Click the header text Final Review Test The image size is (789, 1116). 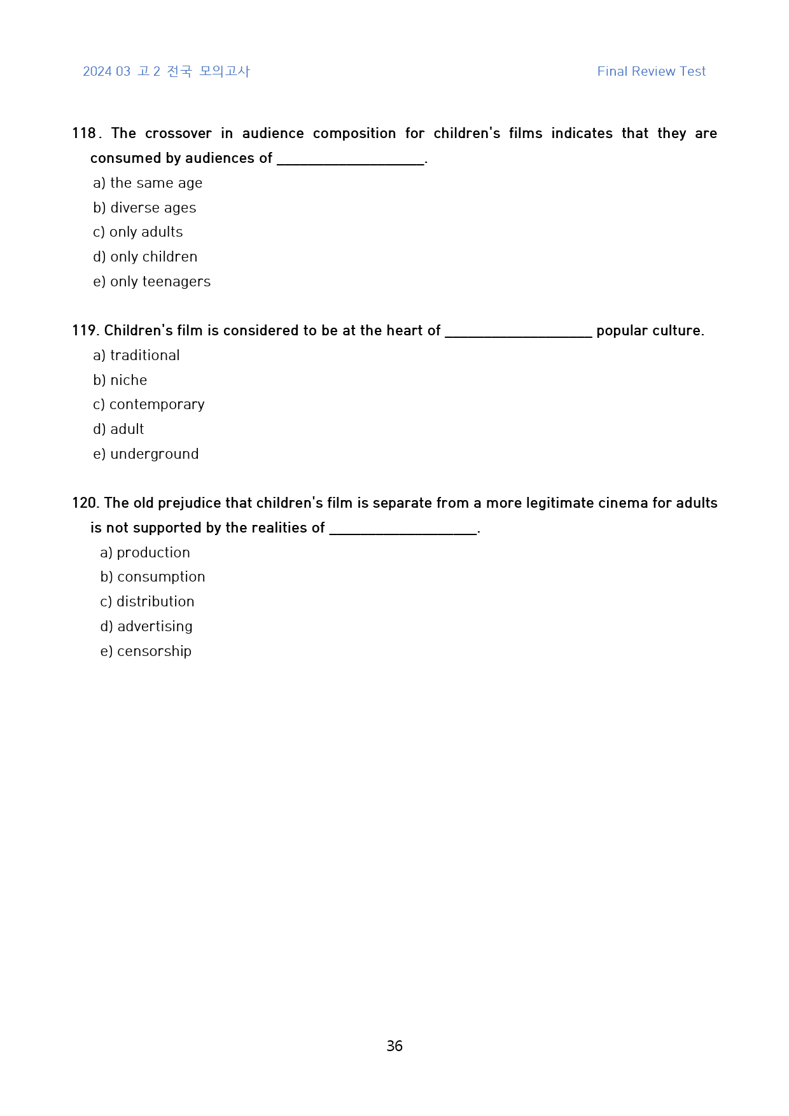651,71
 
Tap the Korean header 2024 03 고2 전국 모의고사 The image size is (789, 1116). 166,71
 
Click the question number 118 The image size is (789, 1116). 84,134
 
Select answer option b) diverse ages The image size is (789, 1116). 144,208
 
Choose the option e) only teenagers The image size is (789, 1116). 151,282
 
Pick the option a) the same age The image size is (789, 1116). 148,183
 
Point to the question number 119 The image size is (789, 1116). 84,331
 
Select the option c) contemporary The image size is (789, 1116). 149,405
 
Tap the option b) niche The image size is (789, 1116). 120,380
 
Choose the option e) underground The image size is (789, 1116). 146,454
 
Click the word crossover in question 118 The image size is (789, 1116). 178,134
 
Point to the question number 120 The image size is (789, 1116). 85,503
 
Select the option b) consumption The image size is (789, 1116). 153,577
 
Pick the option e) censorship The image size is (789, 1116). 146,652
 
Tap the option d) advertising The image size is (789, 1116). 146,627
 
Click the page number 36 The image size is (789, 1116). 394,1046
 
